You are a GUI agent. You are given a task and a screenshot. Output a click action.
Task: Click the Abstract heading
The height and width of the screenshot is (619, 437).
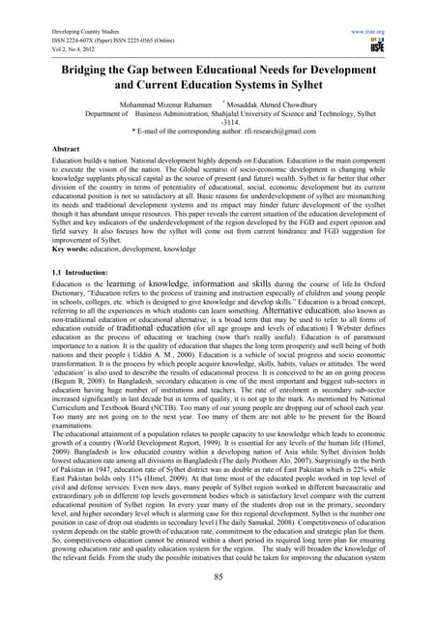click(34, 147)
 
